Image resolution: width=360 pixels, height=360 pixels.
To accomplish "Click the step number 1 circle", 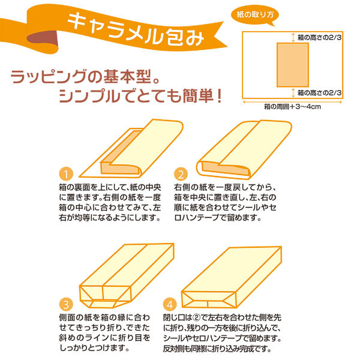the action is point(66,174).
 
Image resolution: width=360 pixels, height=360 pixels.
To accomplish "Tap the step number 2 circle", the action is point(181,174).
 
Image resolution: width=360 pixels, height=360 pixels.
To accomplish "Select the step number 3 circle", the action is point(66,304).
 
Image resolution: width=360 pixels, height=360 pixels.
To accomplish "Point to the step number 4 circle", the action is point(170,304).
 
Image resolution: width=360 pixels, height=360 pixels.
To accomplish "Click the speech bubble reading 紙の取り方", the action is point(255,15).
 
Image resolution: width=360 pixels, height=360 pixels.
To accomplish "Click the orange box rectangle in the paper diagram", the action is point(293,65).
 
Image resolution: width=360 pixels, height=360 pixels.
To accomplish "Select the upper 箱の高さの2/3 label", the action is point(319,37).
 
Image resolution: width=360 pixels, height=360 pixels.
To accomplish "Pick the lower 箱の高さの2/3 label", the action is point(319,93).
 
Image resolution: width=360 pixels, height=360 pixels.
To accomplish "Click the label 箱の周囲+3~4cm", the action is point(292,107).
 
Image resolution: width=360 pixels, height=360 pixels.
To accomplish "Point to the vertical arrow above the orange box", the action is point(293,37).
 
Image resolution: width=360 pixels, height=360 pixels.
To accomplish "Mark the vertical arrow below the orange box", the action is point(293,93).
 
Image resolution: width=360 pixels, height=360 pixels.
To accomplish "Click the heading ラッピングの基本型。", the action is point(85,76).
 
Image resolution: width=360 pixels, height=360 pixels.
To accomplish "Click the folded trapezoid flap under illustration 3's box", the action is point(103,304).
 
